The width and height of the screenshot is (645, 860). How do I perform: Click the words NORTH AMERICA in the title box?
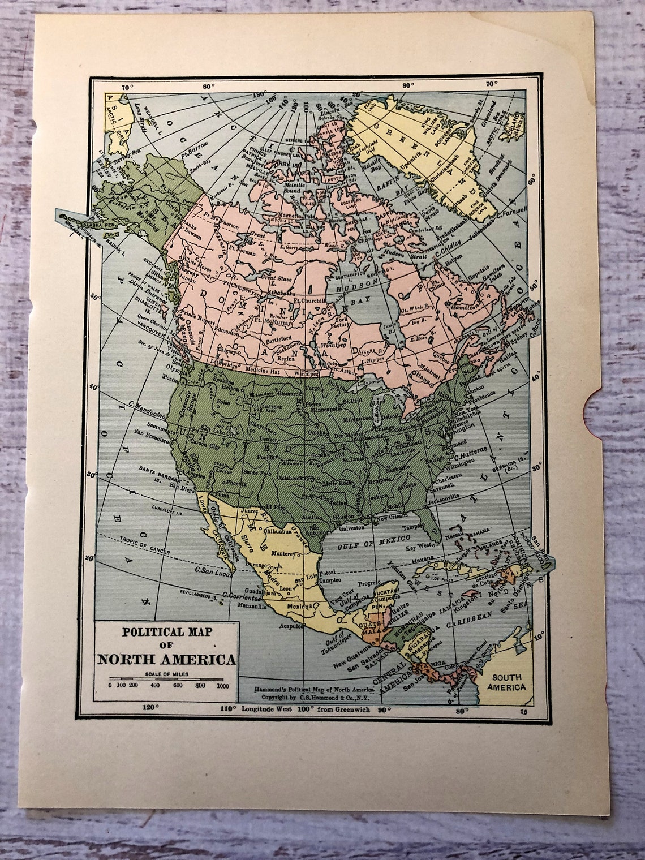pyautogui.click(x=167, y=659)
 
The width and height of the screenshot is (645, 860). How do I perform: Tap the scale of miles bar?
pyautogui.click(x=167, y=678)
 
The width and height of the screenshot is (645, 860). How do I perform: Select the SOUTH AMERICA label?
pyautogui.click(x=509, y=682)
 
